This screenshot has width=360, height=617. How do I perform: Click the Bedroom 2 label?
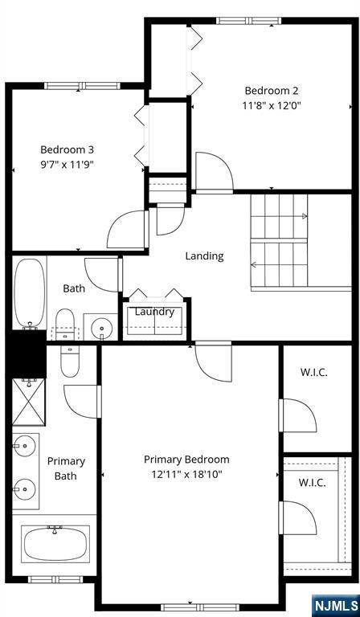[x=272, y=91]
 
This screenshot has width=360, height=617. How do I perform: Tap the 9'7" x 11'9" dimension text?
[x=67, y=164]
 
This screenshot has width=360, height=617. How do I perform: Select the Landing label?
[x=205, y=256]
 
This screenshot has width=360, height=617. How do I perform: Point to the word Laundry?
[x=154, y=312]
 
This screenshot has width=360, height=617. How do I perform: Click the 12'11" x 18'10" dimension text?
[x=187, y=474]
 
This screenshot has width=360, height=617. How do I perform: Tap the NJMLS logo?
[x=336, y=605]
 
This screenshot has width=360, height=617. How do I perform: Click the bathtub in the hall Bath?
[x=30, y=293]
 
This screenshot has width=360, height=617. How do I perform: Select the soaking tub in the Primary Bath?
[x=55, y=544]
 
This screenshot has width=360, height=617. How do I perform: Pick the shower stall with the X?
[x=29, y=402]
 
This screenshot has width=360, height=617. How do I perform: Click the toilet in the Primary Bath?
[x=70, y=362]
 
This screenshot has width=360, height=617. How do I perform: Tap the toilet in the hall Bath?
[x=65, y=325]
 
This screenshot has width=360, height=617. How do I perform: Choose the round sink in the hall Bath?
[x=101, y=328]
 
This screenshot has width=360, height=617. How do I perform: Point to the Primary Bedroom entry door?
[x=213, y=362]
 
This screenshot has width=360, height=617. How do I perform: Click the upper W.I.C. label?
[x=314, y=373]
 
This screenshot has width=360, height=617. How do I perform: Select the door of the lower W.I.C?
[x=298, y=517]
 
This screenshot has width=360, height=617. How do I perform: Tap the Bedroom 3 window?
[x=82, y=86]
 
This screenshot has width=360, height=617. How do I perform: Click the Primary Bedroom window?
[x=200, y=607]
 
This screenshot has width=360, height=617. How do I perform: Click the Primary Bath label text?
[x=66, y=468]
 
